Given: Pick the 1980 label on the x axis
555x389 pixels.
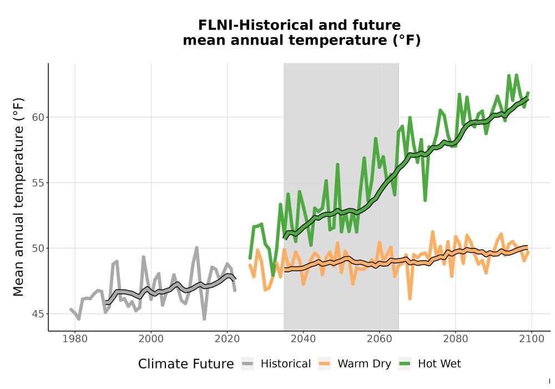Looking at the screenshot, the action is click(75, 339).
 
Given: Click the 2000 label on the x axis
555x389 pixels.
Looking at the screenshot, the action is click(151, 339).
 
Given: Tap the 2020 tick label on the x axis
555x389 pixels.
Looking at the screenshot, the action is click(227, 339).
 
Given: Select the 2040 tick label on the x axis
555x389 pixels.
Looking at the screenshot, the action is click(304, 339).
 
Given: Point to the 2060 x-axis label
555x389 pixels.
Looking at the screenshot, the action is click(380, 339).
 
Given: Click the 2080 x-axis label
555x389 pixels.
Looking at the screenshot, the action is click(456, 339).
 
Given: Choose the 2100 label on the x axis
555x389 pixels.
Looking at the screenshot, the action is click(532, 339).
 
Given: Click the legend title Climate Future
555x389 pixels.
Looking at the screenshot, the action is click(186, 364).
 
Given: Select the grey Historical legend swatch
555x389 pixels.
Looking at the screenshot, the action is click(248, 364).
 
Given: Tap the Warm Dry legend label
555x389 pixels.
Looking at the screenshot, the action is click(364, 364).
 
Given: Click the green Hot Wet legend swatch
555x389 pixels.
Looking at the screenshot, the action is click(405, 364).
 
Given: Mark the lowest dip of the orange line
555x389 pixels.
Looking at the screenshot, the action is click(410, 298).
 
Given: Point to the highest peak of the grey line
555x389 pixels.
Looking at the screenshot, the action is click(197, 248).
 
